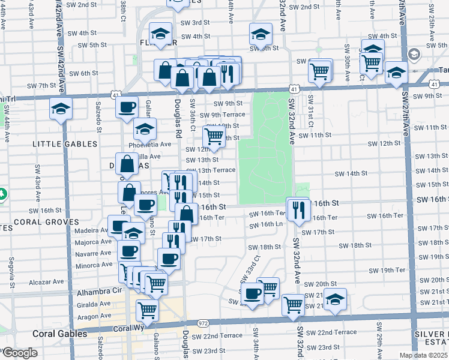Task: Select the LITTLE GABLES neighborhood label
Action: pyautogui.click(x=65, y=144)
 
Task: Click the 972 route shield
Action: pyautogui.click(x=203, y=323)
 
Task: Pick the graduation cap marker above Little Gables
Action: pyautogui.click(x=61, y=109)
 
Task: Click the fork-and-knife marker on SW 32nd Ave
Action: pyautogui.click(x=297, y=209)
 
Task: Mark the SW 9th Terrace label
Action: pyautogui.click(x=222, y=115)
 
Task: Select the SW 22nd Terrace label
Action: pyautogui.click(x=331, y=332)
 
